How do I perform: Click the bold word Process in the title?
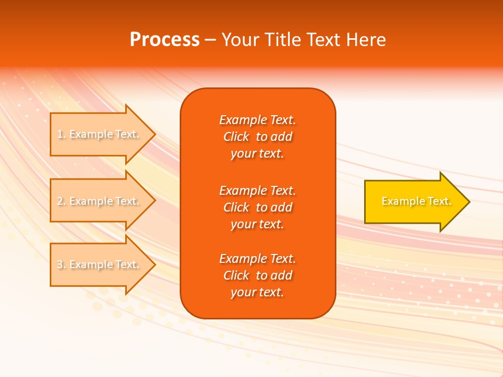point(165,40)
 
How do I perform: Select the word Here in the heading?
point(366,40)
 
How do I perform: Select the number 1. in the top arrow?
point(61,135)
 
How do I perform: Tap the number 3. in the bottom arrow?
point(61,265)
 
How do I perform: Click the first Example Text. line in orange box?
point(258,120)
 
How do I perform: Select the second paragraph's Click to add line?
point(258,207)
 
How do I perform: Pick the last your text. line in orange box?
point(258,293)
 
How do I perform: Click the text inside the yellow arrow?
point(417,202)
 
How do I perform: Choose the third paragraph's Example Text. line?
point(258,259)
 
